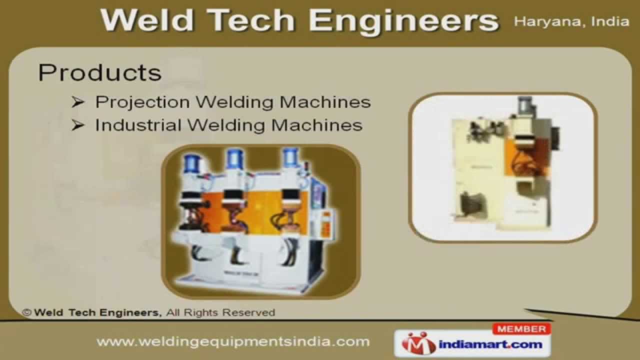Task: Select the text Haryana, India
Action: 571,22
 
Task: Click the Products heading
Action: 99,73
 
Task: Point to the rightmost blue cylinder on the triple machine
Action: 290,158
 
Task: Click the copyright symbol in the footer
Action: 27,312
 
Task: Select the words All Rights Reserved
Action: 220,312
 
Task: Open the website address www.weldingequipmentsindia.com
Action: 233,342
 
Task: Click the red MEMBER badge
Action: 521,329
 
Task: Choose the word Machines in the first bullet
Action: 325,102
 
